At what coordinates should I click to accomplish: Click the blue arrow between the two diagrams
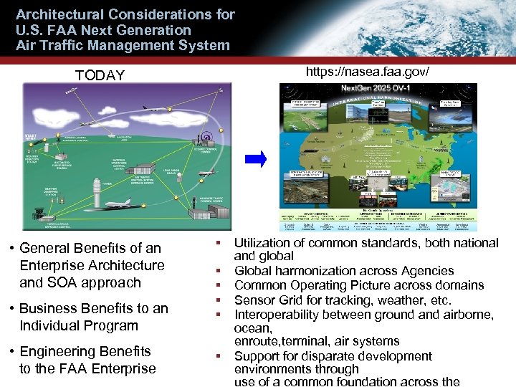click(x=260, y=158)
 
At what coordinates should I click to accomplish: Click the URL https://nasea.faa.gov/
click(x=367, y=72)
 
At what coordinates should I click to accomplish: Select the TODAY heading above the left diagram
click(x=100, y=75)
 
